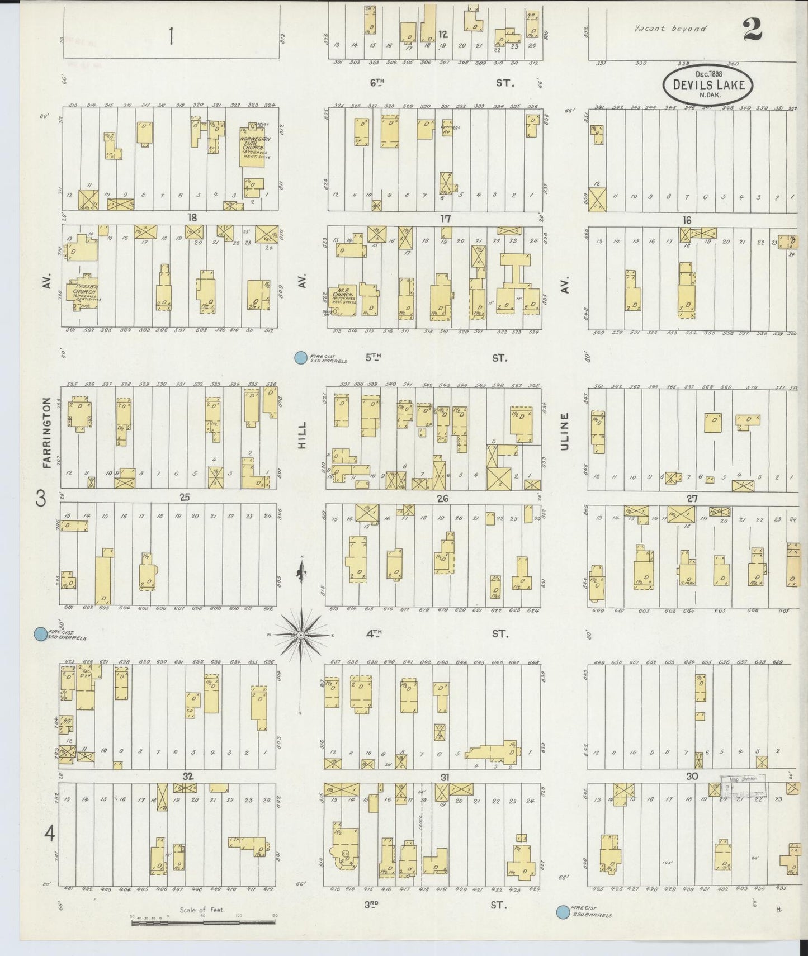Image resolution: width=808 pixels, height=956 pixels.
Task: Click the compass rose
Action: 301,635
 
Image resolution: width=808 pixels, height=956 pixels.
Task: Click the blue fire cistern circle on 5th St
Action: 301,358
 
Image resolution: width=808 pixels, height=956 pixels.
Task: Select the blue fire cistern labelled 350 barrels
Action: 40,634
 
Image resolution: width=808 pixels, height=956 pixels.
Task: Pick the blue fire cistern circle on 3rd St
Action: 564,913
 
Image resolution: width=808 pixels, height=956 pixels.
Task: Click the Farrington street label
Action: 47,432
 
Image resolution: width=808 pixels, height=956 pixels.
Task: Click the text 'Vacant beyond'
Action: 670,29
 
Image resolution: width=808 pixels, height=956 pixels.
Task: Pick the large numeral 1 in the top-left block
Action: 171,37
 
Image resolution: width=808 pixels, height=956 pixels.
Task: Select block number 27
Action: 692,499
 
